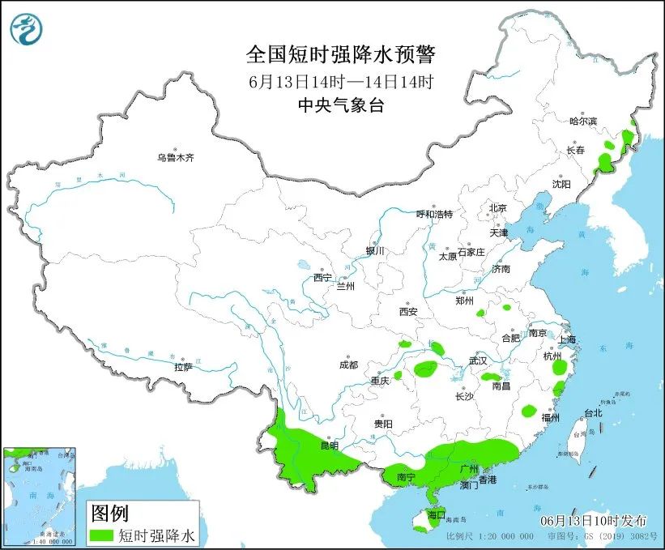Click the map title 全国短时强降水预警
(x=340, y=55)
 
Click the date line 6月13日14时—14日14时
(x=340, y=81)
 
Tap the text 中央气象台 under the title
(x=340, y=104)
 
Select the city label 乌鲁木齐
(x=175, y=157)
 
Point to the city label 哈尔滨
(x=582, y=122)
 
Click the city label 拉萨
(x=183, y=367)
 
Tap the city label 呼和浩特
(x=434, y=214)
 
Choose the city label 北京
(x=497, y=208)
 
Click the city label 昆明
(x=329, y=446)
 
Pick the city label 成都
(x=348, y=365)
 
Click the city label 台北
(x=592, y=413)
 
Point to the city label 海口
(x=436, y=514)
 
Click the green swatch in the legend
(x=100, y=535)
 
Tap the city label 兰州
(x=346, y=286)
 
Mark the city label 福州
(x=551, y=418)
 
